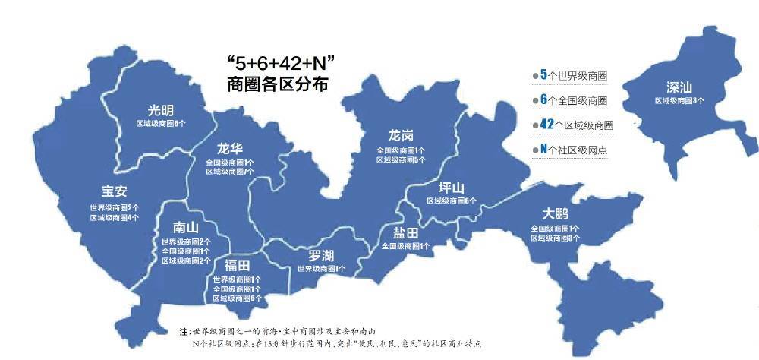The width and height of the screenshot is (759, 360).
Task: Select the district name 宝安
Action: click(114, 192)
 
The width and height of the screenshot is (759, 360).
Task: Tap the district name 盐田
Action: click(405, 232)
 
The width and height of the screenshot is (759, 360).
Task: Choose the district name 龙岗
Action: click(401, 136)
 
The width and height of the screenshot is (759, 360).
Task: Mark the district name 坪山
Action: click(452, 187)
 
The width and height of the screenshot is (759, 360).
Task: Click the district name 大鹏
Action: click(555, 213)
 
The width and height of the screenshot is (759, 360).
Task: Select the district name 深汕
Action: click(679, 87)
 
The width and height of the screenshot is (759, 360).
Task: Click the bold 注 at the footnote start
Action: click(183, 333)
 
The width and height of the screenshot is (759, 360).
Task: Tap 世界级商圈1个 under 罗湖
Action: click(321, 269)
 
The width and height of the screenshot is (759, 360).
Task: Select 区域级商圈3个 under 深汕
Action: click(679, 100)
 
